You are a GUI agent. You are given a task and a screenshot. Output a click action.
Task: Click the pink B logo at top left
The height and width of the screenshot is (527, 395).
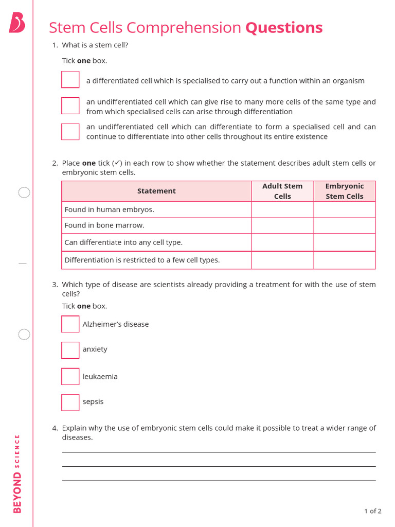point(16,23)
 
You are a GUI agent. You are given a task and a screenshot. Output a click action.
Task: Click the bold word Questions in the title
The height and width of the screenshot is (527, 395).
point(284,27)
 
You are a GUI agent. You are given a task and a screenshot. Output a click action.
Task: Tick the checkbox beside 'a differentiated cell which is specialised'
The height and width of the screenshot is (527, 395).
point(70,80)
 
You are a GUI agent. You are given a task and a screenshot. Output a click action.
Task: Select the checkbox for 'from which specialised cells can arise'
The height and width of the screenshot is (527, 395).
point(70,106)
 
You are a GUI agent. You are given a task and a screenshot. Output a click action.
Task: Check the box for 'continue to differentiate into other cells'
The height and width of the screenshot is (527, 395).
point(70,132)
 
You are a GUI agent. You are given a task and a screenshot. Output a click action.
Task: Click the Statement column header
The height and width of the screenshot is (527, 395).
point(156,191)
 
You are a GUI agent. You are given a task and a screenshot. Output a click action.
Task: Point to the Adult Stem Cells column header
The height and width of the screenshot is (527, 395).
point(282,191)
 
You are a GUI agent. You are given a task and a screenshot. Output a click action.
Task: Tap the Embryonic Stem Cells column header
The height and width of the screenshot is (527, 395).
point(344,191)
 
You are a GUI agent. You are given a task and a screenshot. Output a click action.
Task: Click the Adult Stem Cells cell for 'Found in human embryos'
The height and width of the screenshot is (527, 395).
point(282,209)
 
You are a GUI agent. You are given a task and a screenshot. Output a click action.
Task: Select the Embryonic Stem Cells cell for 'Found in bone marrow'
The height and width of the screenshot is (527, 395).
point(344,225)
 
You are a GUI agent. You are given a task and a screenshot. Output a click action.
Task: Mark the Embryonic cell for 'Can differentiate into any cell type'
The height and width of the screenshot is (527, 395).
point(344,242)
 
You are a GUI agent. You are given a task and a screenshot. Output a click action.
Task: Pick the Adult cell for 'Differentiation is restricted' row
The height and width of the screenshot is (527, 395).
point(282,260)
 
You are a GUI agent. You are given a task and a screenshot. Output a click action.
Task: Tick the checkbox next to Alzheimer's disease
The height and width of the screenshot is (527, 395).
point(70,324)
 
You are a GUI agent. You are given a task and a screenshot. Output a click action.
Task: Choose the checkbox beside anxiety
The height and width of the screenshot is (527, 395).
point(70,350)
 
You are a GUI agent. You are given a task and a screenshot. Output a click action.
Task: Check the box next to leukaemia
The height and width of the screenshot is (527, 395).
point(70,377)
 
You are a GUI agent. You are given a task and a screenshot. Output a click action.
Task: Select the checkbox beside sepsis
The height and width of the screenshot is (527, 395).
point(70,402)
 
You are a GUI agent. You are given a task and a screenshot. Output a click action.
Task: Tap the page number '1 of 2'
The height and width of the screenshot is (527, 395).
point(372,511)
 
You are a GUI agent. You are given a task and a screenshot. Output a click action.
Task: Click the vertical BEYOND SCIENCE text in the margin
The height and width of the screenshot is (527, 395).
point(17,473)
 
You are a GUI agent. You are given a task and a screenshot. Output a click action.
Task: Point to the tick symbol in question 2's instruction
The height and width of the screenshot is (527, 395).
point(117,163)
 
